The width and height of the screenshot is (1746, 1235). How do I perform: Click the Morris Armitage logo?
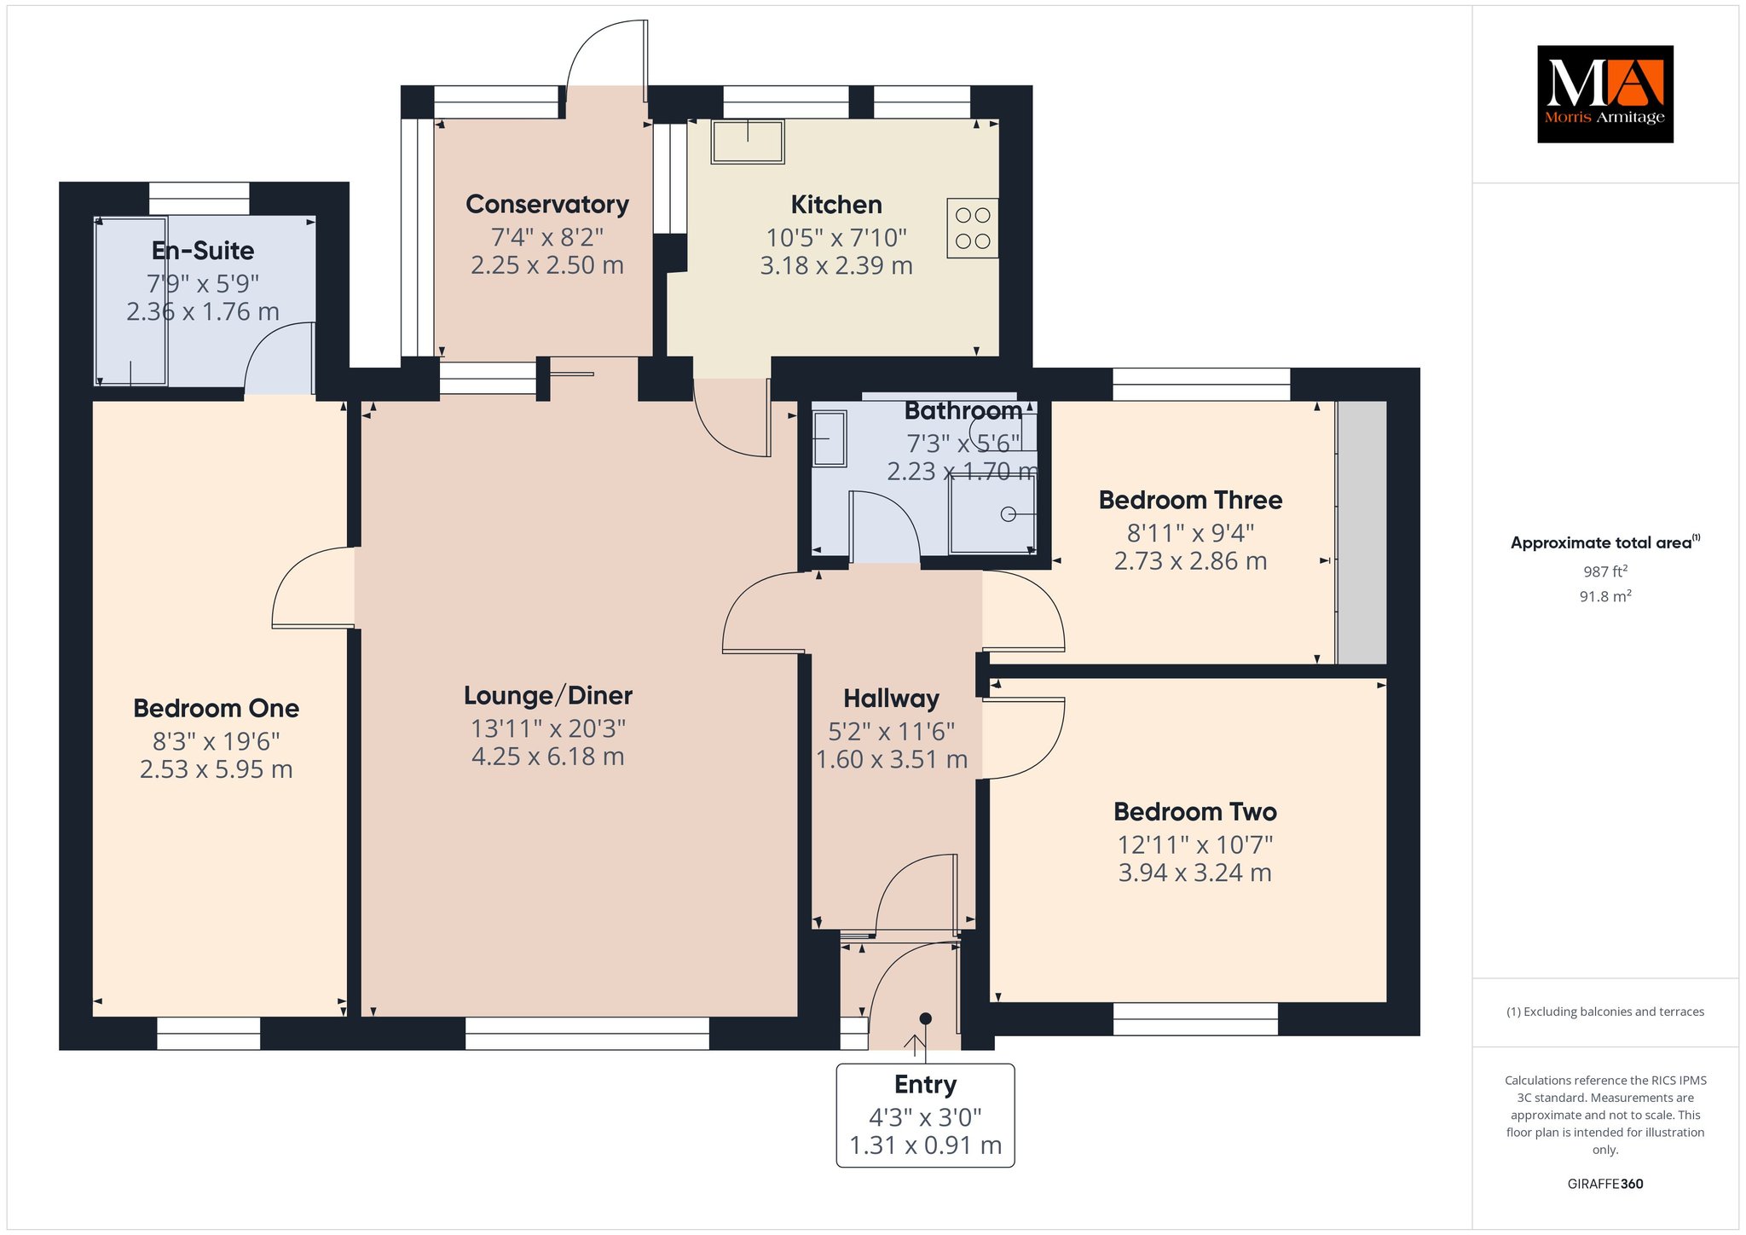tap(1604, 94)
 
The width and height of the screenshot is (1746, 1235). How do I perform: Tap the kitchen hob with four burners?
tap(973, 228)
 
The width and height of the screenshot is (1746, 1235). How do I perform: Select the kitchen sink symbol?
tap(748, 141)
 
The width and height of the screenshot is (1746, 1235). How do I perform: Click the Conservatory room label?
tap(547, 205)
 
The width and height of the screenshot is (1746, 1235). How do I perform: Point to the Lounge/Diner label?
tap(548, 696)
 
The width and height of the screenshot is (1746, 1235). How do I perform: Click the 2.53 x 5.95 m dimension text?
tap(217, 769)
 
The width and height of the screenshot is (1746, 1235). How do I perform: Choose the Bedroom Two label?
tap(1195, 812)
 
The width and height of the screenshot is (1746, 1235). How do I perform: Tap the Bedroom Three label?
tap(1190, 500)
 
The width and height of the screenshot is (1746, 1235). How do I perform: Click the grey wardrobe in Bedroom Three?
tap(1362, 532)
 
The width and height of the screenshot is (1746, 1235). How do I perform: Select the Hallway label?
tap(892, 699)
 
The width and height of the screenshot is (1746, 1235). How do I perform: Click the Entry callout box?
tap(926, 1115)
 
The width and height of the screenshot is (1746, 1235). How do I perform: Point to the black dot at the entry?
tap(926, 1018)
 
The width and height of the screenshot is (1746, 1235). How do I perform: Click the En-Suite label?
tap(203, 251)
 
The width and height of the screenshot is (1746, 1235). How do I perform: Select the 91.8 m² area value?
tap(1605, 596)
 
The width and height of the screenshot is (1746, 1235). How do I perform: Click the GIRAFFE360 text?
tap(1605, 1184)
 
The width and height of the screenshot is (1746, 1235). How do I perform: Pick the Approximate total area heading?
tap(1605, 542)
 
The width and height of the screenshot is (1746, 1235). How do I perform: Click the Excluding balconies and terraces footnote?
tap(1605, 1012)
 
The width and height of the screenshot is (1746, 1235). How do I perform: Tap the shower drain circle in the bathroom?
tap(1009, 514)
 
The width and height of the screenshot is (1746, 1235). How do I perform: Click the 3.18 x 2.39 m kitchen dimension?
tap(836, 266)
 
